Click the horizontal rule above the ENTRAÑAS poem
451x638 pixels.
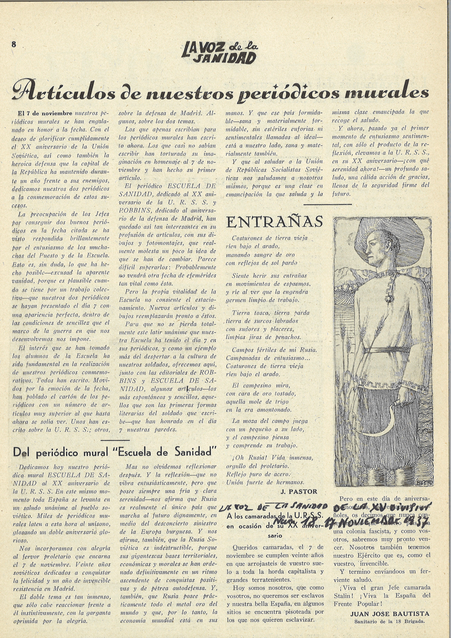click(328, 204)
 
